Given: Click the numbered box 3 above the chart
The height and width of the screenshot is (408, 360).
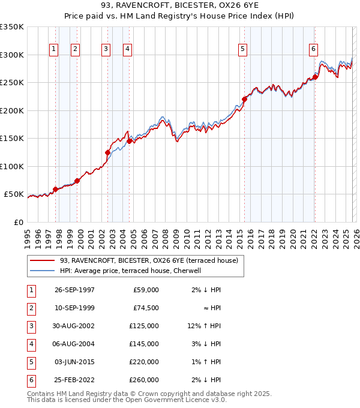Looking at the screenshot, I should (x=106, y=49).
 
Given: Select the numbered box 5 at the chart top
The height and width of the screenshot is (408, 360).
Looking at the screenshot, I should (x=243, y=49).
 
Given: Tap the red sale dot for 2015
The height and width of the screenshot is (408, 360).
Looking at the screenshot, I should (x=244, y=99).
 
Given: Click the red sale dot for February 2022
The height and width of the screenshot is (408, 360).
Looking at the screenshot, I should (x=315, y=77).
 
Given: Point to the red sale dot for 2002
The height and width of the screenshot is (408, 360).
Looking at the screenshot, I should (x=108, y=152).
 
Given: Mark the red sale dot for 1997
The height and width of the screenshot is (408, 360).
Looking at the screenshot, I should (x=56, y=189).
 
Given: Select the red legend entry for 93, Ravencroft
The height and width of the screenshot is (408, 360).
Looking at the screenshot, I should (x=148, y=260).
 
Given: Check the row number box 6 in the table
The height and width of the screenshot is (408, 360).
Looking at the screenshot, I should (x=29, y=380).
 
